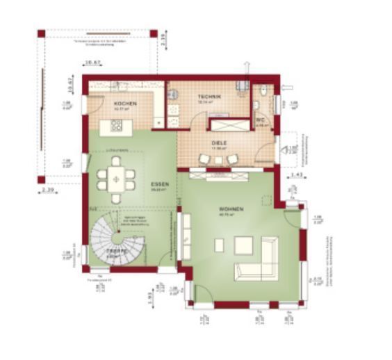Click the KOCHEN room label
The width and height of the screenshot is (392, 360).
click(125, 104)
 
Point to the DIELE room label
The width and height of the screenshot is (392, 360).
click(219, 143)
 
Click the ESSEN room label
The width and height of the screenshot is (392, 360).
click(159, 184)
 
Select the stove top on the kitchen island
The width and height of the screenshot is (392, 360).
click(116, 126)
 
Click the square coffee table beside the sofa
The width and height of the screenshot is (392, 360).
click(243, 245)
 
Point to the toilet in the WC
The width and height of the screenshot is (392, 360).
click(256, 104)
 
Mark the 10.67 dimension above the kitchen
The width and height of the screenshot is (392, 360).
click(92, 65)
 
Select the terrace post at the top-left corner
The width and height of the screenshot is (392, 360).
click(41, 33)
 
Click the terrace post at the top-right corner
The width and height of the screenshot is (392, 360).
click(154, 33)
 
